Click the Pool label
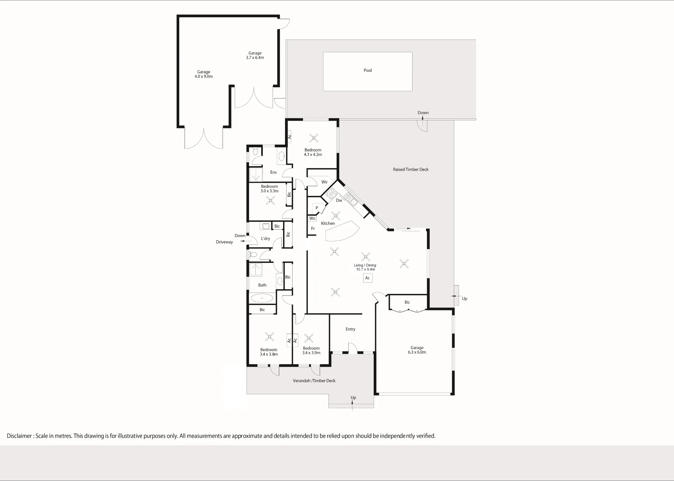[368, 70]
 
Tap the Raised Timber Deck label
[410, 170]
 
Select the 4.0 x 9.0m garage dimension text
[204, 77]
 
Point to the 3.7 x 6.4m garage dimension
[255, 58]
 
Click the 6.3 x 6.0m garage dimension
[417, 352]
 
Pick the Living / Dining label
[365, 265]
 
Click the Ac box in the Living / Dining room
[368, 278]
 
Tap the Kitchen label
[328, 223]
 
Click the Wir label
[324, 182]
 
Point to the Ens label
[273, 172]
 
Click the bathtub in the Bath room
[262, 298]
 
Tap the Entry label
[350, 329]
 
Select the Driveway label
[224, 242]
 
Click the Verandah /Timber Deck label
[314, 381]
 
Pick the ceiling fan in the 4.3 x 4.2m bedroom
[314, 138]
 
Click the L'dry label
[266, 239]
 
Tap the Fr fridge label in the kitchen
[313, 229]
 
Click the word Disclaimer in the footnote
[19, 436]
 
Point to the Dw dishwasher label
[339, 200]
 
